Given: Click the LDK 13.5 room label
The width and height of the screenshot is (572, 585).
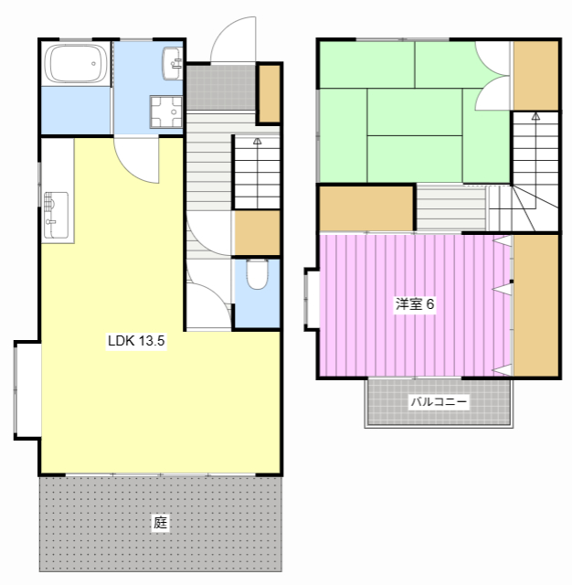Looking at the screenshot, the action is (x=136, y=341).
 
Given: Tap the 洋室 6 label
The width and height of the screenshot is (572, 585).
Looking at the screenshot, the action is (x=415, y=304).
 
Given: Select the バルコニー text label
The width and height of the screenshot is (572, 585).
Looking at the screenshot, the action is (x=439, y=402).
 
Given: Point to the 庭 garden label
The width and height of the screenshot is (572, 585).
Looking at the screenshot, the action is (x=160, y=523).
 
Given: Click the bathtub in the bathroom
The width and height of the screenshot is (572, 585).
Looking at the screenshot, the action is (x=76, y=63).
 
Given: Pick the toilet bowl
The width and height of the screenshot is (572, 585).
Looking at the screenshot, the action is (x=258, y=274).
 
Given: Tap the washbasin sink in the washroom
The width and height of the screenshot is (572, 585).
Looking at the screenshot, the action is (x=172, y=63).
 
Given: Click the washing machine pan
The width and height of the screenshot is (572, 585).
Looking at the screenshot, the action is (x=166, y=112).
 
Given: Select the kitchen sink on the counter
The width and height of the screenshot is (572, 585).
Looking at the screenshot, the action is (x=56, y=215).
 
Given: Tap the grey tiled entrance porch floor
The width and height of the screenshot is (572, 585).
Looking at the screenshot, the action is (x=221, y=88).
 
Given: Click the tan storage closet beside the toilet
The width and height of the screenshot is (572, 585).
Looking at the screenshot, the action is (x=257, y=233).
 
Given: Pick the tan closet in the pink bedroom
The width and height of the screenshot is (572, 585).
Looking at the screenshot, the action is (x=535, y=305).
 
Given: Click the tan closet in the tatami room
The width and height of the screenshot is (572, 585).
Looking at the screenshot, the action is (x=535, y=75).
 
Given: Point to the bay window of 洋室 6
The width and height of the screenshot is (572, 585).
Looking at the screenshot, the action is (x=312, y=299).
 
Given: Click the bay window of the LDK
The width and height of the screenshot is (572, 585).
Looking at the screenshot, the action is (x=27, y=390).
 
